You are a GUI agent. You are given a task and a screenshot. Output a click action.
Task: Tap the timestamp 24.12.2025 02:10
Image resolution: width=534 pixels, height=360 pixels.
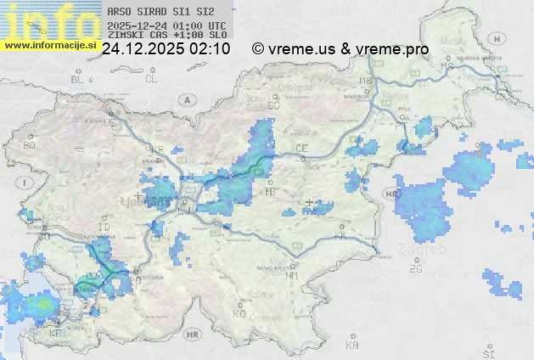165,49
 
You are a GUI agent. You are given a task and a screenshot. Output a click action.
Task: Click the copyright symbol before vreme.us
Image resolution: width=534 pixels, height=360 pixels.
258,49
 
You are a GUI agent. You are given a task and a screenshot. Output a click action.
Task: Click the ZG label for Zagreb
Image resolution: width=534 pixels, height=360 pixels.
415,269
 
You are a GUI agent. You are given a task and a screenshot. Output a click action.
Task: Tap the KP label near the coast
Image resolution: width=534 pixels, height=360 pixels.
57,334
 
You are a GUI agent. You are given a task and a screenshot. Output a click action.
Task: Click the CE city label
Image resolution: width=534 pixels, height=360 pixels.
301,149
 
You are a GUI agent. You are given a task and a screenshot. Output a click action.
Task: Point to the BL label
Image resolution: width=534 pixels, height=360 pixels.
78,79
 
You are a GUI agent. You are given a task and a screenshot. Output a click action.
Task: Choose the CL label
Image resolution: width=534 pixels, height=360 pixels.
151,79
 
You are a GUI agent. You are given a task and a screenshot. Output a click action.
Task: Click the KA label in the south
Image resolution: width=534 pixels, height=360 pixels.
352,346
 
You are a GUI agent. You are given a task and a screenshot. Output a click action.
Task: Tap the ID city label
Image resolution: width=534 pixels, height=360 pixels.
104,227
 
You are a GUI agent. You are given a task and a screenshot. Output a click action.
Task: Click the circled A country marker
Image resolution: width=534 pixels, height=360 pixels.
185,99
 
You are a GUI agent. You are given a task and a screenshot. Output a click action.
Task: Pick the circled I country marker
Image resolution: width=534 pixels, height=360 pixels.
26,183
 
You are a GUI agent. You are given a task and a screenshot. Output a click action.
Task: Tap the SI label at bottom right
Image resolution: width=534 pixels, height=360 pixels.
487,352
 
